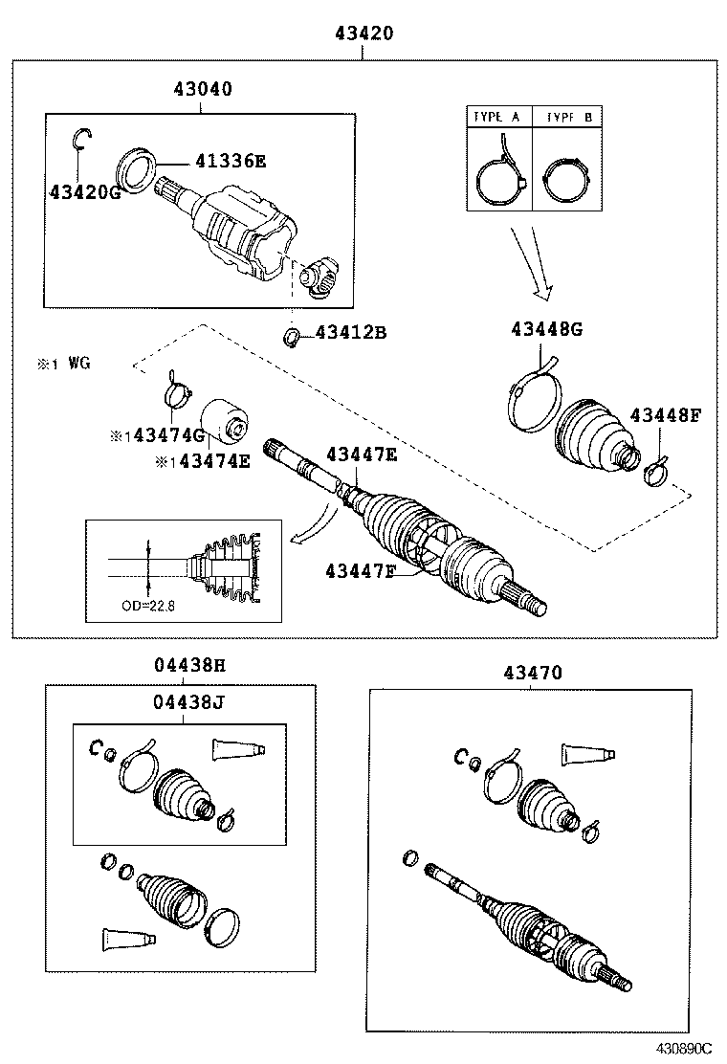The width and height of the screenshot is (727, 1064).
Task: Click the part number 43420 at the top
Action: coord(363,34)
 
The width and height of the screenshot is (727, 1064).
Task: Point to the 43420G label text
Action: coord(86,192)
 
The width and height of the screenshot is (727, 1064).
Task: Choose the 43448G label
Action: coord(546,329)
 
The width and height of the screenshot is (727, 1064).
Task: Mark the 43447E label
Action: coord(361,454)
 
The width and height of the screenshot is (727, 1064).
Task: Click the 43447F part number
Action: coord(360,571)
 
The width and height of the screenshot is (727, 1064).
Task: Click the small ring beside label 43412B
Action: coord(292,336)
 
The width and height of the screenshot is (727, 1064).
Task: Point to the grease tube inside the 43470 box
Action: coord(586,753)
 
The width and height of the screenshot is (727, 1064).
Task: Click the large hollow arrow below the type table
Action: coord(532,263)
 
